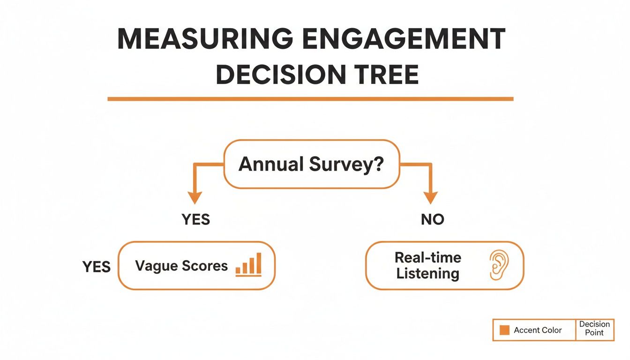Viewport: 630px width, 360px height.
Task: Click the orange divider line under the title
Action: [x=310, y=99]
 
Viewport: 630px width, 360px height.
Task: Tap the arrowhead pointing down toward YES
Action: [x=195, y=197]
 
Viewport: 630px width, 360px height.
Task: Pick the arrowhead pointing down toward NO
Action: [x=430, y=197]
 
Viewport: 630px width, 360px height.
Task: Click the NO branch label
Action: [x=432, y=219]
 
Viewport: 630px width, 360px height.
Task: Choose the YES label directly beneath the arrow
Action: [x=195, y=219]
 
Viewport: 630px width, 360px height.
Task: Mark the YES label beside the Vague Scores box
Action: [x=97, y=267]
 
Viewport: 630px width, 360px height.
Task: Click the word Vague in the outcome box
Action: [x=156, y=266]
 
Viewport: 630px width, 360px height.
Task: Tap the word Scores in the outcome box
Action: [x=204, y=266]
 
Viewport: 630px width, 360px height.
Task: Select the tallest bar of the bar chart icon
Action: [x=258, y=263]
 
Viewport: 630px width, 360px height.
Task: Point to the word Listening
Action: [x=427, y=274]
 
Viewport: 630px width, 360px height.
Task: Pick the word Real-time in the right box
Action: [x=427, y=257]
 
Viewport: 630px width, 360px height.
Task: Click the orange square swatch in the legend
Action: [x=504, y=330]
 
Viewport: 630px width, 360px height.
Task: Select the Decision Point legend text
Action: [x=594, y=329]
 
